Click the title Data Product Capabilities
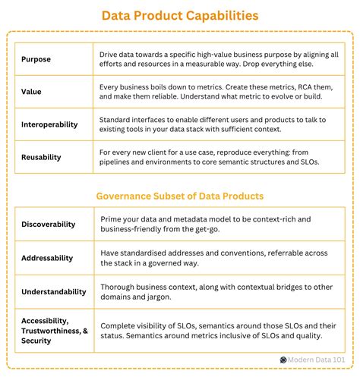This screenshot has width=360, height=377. click(x=180, y=15)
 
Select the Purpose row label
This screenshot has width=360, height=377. click(x=36, y=60)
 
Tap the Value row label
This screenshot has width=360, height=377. click(x=31, y=93)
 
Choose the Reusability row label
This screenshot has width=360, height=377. click(x=42, y=158)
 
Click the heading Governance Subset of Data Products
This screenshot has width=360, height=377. click(x=180, y=196)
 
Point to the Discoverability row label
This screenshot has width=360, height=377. click(x=49, y=225)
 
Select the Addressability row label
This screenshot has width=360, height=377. click(x=48, y=257)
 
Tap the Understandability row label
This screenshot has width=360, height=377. click(x=54, y=290)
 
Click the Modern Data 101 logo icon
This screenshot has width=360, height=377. click(x=283, y=360)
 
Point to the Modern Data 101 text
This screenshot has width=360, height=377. click(x=318, y=360)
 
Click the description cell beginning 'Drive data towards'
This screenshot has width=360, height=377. click(x=219, y=60)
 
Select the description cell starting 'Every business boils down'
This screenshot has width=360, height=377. click(x=219, y=93)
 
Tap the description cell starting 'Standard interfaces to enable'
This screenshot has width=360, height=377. click(x=219, y=125)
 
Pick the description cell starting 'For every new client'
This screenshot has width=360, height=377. click(x=219, y=158)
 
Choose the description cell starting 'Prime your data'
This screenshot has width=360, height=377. click(x=219, y=225)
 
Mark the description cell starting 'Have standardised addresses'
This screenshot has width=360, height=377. click(x=219, y=257)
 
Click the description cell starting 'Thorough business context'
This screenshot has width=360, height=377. click(x=219, y=290)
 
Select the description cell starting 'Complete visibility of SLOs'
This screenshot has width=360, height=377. click(x=219, y=331)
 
